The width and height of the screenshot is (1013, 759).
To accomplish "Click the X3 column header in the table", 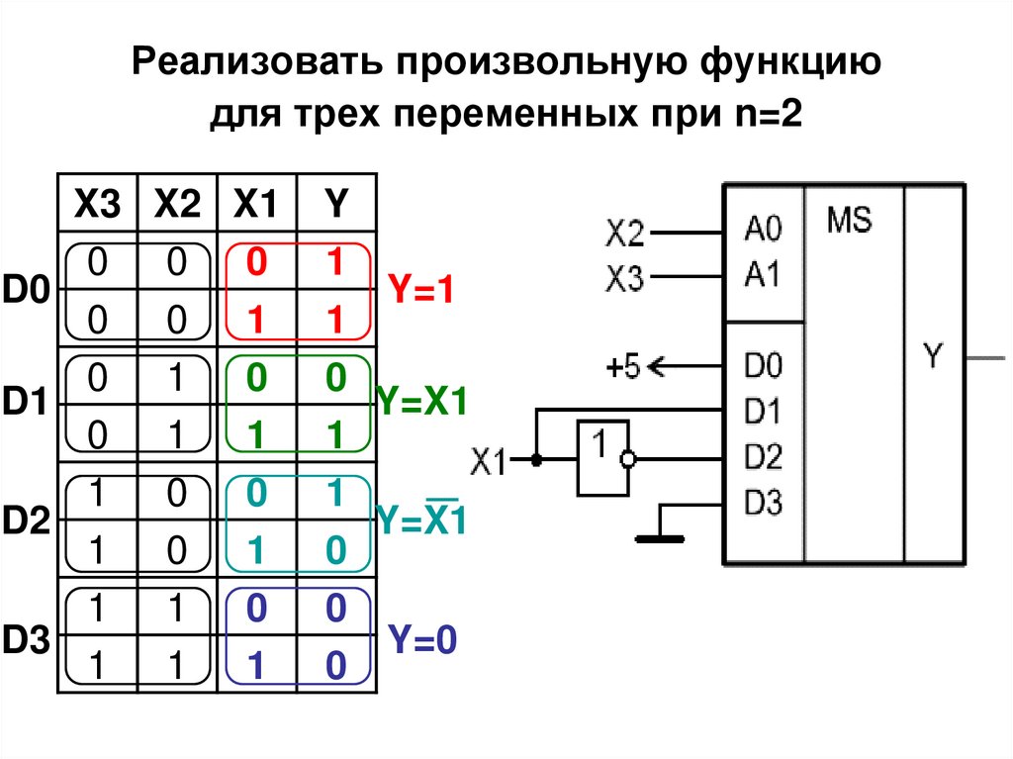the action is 99,205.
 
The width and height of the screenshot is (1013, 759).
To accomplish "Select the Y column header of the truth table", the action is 336,205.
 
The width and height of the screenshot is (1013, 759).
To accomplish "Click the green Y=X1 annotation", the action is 421,403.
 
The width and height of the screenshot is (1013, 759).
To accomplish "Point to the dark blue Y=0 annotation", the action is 422,638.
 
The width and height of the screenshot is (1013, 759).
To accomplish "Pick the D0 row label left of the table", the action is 25,291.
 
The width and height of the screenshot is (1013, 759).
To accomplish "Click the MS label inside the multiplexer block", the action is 849,219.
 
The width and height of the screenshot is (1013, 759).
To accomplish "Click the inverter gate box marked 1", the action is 600,458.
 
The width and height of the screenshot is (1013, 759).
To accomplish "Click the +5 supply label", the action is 623,368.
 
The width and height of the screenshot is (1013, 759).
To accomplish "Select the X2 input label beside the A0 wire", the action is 624,234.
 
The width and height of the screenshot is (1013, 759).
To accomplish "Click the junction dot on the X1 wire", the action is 536,460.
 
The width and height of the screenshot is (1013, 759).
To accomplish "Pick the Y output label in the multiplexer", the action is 934,354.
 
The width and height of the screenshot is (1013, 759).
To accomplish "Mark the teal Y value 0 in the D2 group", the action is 336,550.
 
